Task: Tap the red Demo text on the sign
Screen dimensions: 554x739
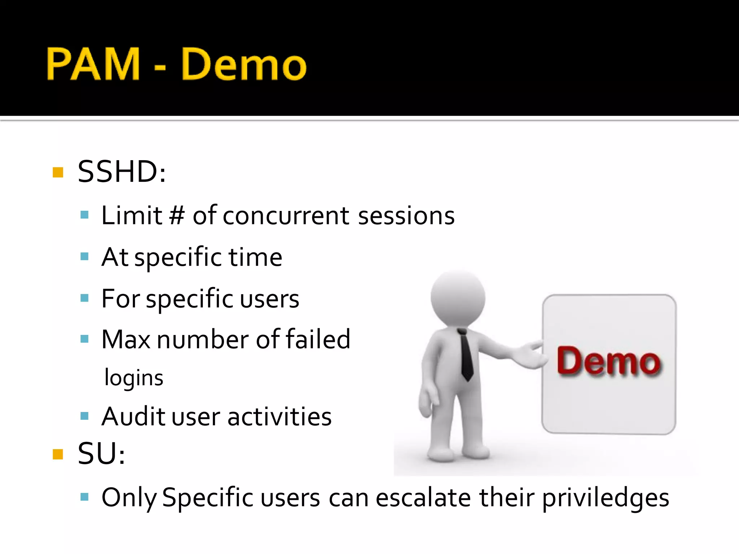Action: (609, 361)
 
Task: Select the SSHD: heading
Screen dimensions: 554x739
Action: (122, 172)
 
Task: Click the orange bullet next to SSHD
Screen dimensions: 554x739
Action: (58, 172)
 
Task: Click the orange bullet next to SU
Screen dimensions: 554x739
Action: (58, 454)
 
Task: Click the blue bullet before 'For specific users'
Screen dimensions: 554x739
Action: (85, 298)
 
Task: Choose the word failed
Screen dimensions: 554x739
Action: (318, 339)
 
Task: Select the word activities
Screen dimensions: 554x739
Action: (280, 417)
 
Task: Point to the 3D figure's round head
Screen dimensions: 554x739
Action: (458, 298)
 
